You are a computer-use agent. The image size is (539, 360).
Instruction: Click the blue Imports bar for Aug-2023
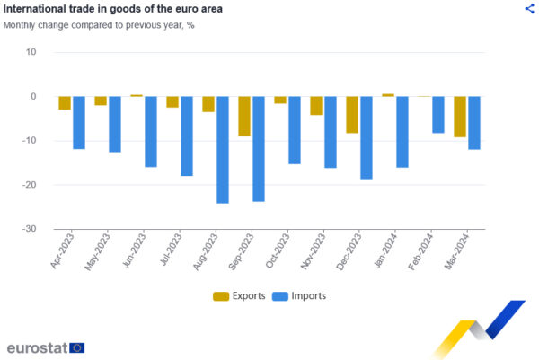click(x=223, y=149)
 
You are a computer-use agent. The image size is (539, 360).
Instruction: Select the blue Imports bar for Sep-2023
click(x=259, y=148)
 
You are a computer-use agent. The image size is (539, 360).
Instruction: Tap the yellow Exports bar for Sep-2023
click(x=244, y=116)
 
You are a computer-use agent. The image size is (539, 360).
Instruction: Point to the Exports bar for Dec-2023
click(x=352, y=114)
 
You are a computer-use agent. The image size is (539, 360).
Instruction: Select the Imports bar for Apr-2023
click(x=79, y=122)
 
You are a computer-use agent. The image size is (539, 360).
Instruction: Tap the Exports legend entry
click(x=239, y=295)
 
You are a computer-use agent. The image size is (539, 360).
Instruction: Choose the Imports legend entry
click(x=298, y=295)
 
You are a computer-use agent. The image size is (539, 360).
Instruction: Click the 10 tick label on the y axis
click(x=31, y=52)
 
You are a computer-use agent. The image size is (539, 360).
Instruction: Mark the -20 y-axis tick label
click(x=29, y=185)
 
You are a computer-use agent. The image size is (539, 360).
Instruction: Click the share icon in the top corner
click(x=528, y=8)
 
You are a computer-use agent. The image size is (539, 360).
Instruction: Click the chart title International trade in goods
click(x=113, y=9)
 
